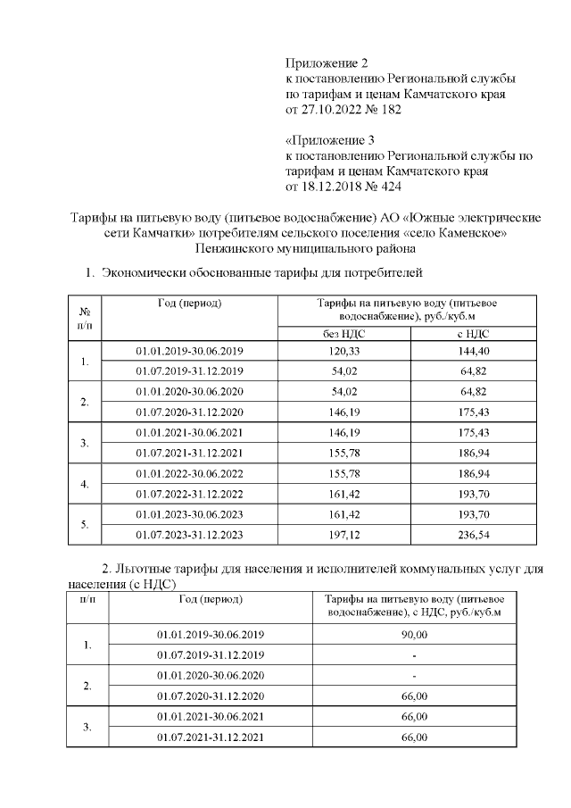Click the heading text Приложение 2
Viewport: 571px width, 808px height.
tap(327, 62)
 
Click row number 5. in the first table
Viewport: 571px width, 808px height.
tap(85, 524)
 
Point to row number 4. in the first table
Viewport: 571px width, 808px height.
tap(85, 483)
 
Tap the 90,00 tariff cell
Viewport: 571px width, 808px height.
tap(415, 634)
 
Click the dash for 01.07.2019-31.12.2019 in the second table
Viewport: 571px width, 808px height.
tap(415, 654)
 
